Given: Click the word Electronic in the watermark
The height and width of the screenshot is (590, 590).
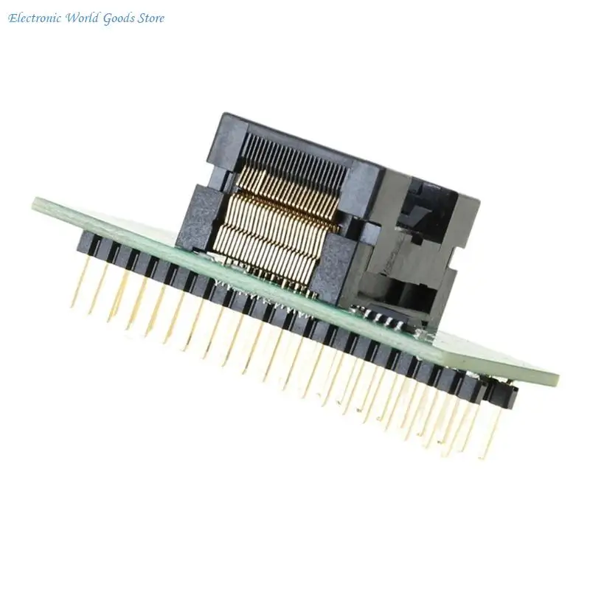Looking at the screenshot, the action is tap(35, 18).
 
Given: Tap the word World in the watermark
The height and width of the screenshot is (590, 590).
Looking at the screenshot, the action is tap(83, 18).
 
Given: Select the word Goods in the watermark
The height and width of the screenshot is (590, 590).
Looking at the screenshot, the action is tap(119, 18).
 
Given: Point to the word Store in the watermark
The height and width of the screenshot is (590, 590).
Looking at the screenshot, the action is tap(151, 18).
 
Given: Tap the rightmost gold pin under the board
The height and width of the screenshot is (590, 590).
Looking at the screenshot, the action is tap(490, 433).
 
